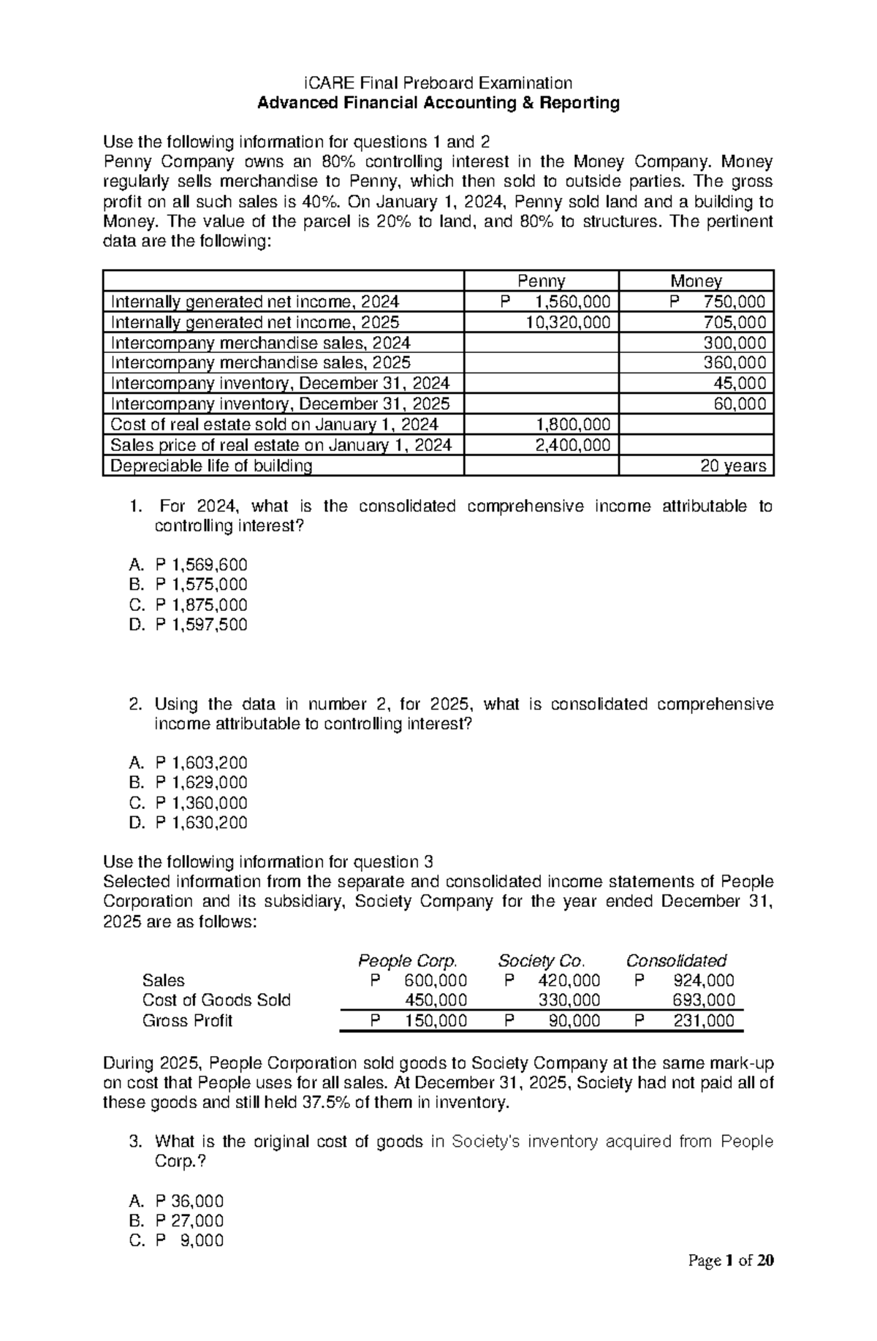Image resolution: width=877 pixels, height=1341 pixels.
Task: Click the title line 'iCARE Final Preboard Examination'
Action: pyautogui.click(x=438, y=83)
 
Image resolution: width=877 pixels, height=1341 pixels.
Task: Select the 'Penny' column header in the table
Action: pyautogui.click(x=541, y=281)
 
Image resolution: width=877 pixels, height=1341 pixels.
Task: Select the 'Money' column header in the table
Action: pyautogui.click(x=696, y=281)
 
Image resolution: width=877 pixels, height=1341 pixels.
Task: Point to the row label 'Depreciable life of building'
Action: pyautogui.click(x=210, y=466)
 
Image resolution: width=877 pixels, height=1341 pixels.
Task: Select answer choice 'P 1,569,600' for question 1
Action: pyautogui.click(x=201, y=565)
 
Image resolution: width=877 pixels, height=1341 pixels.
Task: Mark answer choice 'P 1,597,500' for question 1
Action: pyautogui.click(x=201, y=625)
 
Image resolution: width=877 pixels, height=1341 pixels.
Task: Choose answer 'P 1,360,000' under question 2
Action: pyautogui.click(x=201, y=803)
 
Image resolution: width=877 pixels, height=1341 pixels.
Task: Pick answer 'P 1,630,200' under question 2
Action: pyautogui.click(x=201, y=823)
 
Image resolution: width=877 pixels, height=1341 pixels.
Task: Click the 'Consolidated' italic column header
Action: pyautogui.click(x=676, y=960)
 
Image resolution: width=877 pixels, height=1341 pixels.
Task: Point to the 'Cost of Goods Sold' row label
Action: pyautogui.click(x=216, y=1000)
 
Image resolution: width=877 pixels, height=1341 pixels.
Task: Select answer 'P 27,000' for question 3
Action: pyautogui.click(x=189, y=1221)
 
